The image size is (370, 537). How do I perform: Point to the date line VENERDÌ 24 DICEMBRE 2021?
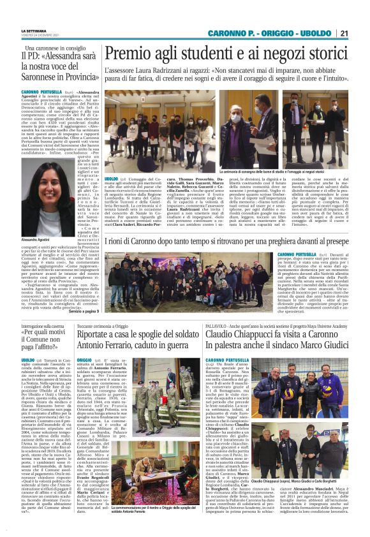[40, 35]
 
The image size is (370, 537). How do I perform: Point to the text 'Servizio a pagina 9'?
[84, 311]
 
